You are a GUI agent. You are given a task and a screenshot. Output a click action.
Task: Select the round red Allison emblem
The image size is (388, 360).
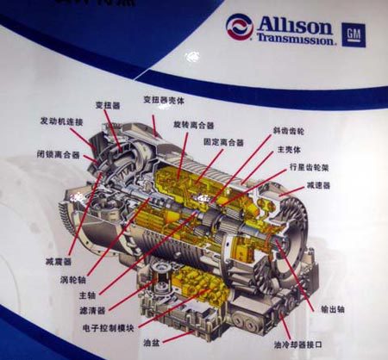pos(240,28)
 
